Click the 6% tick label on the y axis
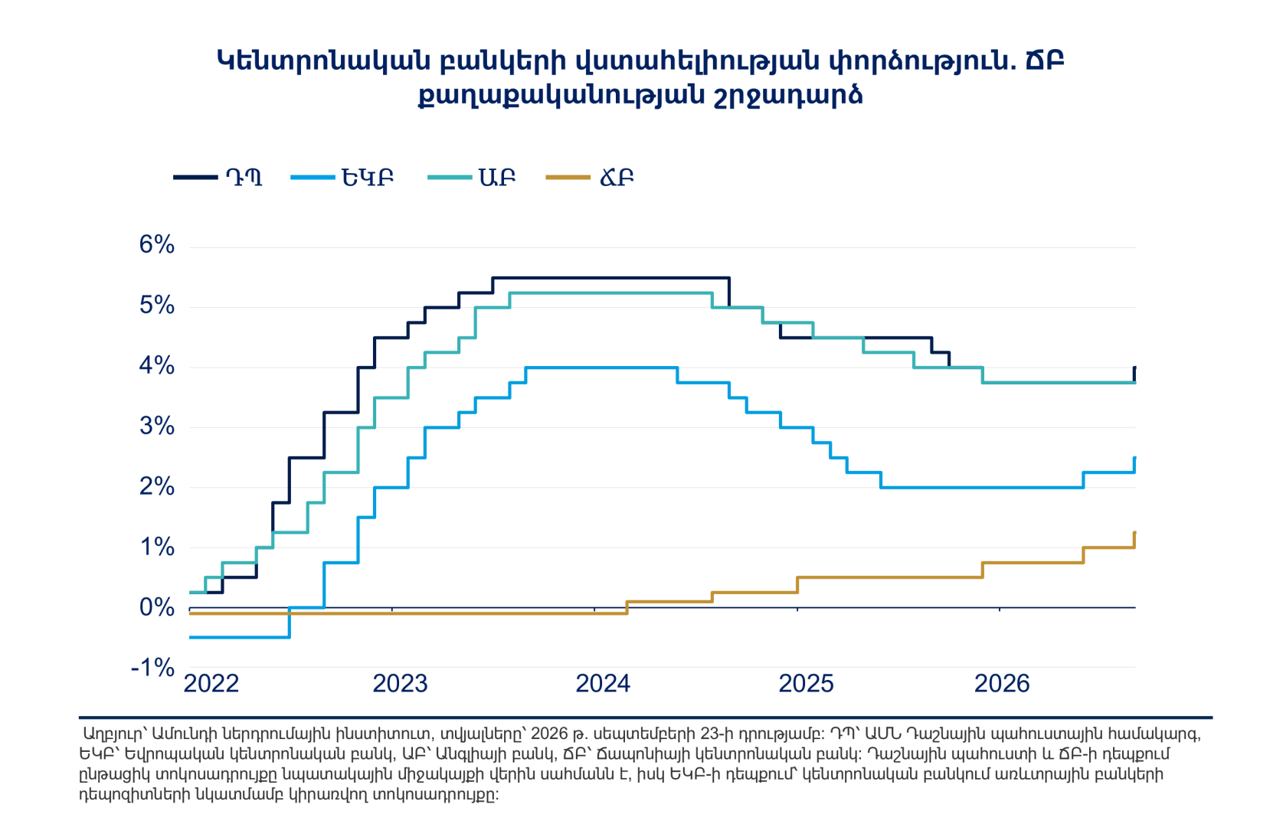156,245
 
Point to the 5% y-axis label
156,306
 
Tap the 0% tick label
156,608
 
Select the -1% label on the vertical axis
152,668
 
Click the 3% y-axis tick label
156,426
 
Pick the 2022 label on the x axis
211,684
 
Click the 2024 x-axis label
603,684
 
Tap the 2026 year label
1002,684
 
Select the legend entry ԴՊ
218,178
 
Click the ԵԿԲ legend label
342,178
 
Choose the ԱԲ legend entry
471,178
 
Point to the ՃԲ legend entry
590,178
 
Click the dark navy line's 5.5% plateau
610,278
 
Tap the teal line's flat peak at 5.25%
610,293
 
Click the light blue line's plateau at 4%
601,368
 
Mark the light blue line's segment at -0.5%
239,637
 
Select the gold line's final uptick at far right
1134,540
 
